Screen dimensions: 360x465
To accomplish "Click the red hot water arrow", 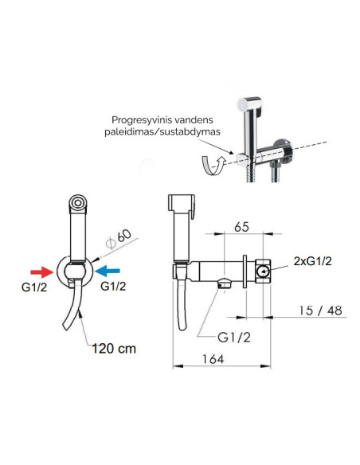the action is click(41, 272).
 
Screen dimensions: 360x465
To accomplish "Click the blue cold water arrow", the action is click(108, 271).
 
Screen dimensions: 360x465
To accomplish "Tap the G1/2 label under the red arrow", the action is click(34, 287).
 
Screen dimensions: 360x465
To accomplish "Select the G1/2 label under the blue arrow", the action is click(113, 286).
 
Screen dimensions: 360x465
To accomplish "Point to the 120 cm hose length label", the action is click(114, 349).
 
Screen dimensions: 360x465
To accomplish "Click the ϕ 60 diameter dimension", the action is click(119, 239).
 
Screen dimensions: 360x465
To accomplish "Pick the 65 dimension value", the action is click(241, 227).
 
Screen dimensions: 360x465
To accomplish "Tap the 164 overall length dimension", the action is click(213, 359).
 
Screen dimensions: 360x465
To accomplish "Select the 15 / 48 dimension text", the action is click(320, 311).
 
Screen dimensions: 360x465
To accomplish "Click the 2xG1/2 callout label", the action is click(312, 261).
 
